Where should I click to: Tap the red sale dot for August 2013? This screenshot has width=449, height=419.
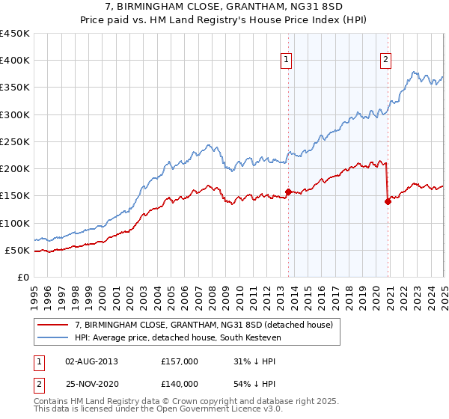point(288,192)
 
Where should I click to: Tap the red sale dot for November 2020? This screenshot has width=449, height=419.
point(388,201)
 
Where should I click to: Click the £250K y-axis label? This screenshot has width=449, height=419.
point(15,141)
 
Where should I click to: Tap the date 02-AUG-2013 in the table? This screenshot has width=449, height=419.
point(91,361)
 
